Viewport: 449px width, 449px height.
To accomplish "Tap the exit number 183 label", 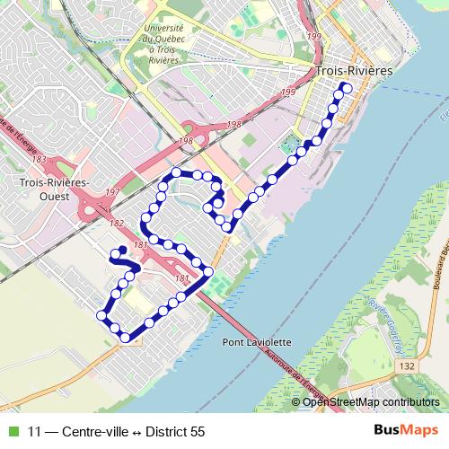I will [39, 159].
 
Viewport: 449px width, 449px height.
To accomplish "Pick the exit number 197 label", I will [110, 192].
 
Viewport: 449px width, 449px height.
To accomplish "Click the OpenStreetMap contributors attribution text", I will [375, 401].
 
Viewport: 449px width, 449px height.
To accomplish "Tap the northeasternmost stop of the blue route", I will [347, 87].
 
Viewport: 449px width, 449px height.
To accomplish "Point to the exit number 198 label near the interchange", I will [186, 141].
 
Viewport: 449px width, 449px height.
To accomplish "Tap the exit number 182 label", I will [117, 223].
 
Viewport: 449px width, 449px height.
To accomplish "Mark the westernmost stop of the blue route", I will [101, 315].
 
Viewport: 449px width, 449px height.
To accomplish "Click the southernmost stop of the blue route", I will [125, 338].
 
